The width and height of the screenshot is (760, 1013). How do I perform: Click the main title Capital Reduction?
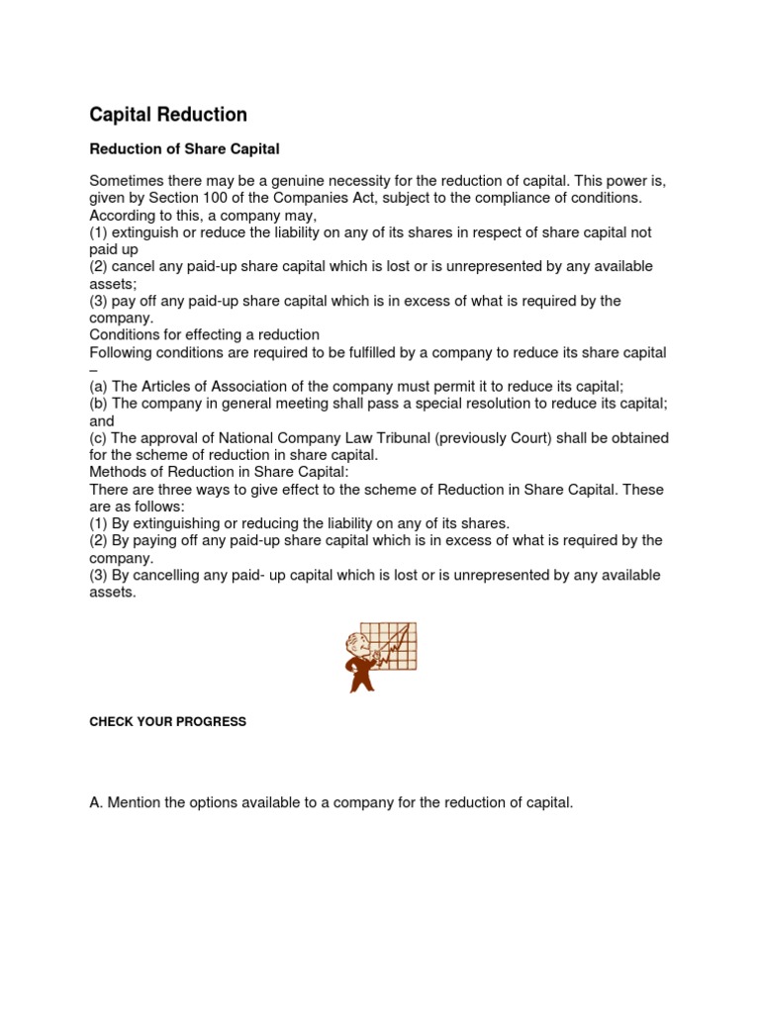tap(168, 115)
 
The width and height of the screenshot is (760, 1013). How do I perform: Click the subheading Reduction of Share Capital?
tap(185, 149)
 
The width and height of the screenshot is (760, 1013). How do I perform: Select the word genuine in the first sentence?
tap(312, 181)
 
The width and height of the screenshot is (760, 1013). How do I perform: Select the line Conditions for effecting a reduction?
tap(204, 335)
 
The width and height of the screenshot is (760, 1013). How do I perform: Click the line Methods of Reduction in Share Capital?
tap(220, 472)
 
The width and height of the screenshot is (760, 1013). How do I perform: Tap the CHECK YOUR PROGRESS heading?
tap(167, 722)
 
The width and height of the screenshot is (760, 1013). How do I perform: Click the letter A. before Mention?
tap(96, 802)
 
